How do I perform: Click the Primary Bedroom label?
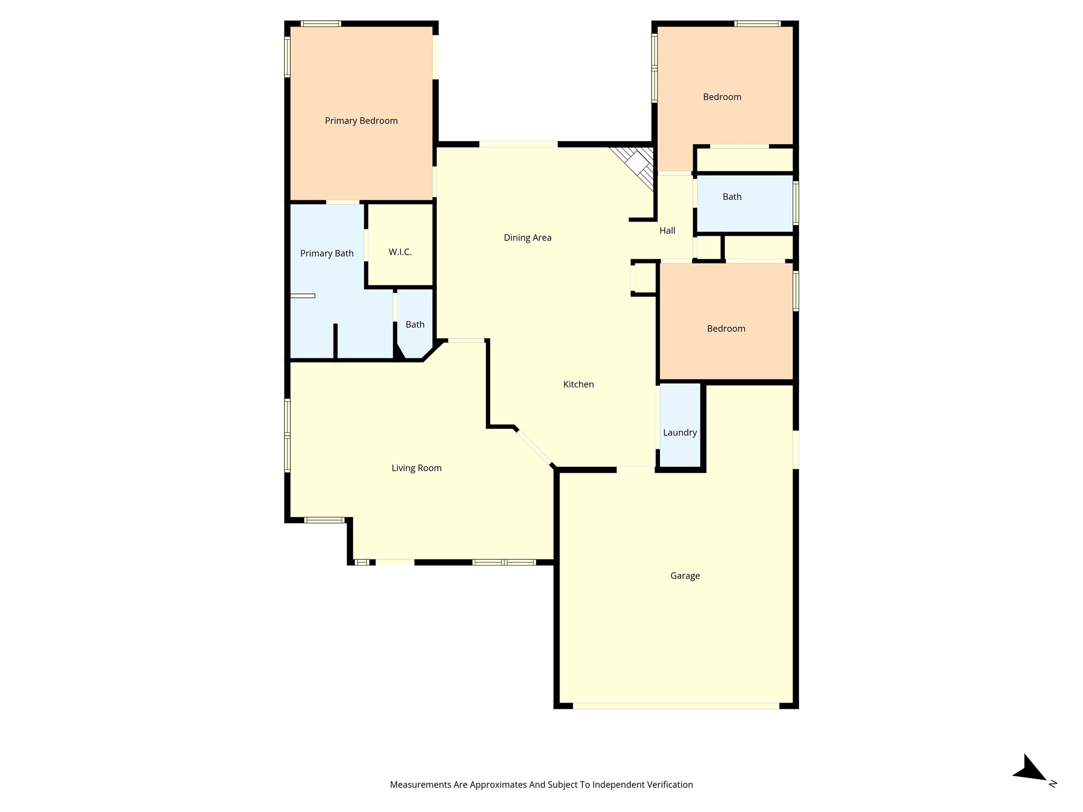tap(361, 121)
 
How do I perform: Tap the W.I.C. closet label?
tap(400, 252)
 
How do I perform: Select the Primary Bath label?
tap(327, 254)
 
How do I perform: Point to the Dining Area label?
tap(527, 238)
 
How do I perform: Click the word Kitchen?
tap(579, 384)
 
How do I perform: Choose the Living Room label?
tap(416, 468)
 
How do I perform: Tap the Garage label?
tap(685, 576)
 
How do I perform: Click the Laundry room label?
tap(680, 432)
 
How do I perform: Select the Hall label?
tap(667, 230)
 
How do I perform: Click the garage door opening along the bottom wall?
tap(676, 706)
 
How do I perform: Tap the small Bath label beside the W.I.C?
tap(415, 325)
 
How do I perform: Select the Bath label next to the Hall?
tap(732, 197)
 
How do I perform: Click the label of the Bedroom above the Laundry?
tap(726, 329)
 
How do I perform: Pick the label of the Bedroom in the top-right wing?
tap(722, 97)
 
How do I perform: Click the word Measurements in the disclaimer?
tap(420, 785)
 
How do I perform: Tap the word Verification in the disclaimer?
tap(669, 785)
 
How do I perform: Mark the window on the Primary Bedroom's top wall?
tap(320, 24)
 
